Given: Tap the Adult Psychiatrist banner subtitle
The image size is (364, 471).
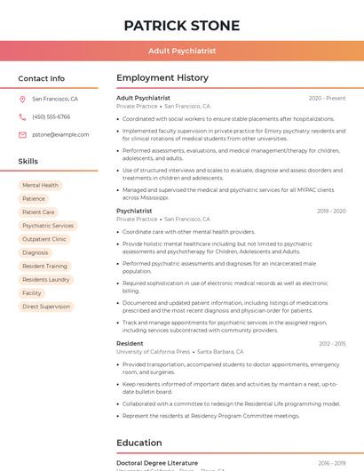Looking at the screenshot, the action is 181,52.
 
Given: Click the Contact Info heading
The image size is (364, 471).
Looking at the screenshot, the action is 41,78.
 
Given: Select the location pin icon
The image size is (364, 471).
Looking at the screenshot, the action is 22,100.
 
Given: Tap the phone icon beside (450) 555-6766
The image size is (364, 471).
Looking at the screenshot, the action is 22,117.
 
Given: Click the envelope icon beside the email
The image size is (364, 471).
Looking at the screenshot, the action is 22,135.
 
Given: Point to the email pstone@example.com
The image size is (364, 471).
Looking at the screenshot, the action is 60,135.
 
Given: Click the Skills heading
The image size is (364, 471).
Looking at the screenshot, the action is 28,162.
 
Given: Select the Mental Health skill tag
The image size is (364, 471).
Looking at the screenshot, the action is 40,186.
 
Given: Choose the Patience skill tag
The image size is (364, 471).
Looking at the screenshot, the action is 34,199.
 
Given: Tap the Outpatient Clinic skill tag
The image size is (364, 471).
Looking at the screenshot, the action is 44,239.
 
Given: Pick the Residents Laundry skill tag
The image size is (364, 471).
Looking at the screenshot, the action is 46,280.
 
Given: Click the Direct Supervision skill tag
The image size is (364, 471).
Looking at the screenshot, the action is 46,307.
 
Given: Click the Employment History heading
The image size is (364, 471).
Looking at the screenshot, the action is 162,78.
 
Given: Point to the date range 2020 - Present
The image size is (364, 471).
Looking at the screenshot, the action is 327,99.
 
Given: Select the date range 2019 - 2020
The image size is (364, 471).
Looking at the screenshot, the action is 330,212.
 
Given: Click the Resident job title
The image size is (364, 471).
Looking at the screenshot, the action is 130,343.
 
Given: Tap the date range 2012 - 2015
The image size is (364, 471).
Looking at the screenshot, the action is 332,344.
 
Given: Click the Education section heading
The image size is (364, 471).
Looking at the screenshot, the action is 139,443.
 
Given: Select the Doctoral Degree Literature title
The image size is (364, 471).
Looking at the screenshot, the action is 157,463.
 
